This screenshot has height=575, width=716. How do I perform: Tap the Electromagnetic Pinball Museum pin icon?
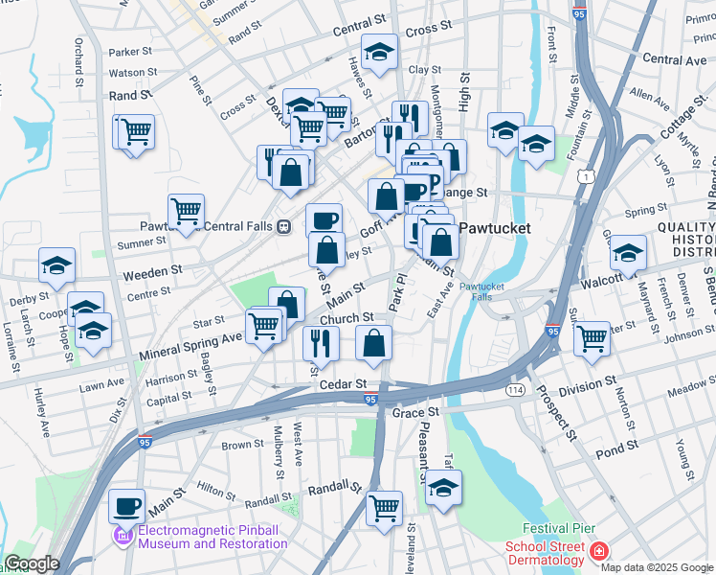click(x=122, y=534)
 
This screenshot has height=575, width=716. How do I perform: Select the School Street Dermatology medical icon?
click(x=598, y=552)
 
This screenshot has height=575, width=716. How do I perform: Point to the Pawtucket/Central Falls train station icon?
click(x=283, y=227)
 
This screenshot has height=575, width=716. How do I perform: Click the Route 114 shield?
click(x=515, y=390)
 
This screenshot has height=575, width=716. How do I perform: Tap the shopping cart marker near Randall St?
click(x=384, y=506)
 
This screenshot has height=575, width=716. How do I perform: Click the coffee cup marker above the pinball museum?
click(x=126, y=503)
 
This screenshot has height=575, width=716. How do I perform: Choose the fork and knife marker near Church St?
click(x=321, y=342)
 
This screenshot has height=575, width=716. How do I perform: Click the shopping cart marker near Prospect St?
click(x=592, y=337)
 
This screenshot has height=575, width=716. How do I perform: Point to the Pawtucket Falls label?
click(x=488, y=292)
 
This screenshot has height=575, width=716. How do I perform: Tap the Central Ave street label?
click(x=675, y=59)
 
